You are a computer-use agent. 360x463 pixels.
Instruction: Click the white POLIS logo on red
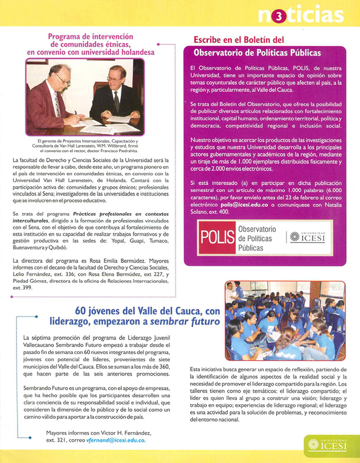[215, 236]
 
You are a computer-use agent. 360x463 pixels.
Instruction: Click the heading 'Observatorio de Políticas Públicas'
[257, 52]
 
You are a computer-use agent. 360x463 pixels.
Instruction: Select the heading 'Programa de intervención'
[91, 37]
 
